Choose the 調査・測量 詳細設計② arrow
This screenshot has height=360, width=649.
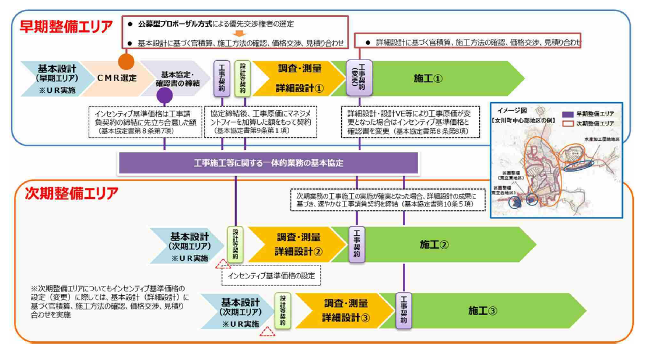(299, 244)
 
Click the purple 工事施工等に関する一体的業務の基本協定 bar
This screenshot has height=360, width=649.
(269, 163)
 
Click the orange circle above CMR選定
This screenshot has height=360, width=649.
(126, 61)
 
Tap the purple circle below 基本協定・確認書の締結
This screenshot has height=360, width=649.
(165, 95)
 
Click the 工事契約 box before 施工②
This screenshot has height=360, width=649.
(356, 244)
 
